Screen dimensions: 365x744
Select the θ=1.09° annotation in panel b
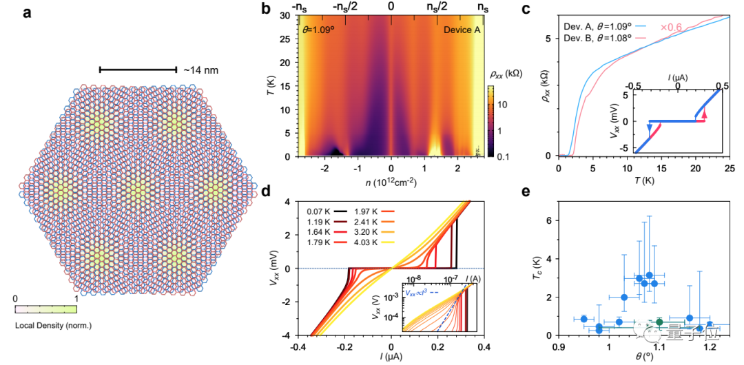pos(317,30)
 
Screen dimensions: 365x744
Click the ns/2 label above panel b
pos(436,7)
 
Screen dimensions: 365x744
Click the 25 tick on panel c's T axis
pos(729,169)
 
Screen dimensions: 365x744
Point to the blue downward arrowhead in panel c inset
pos(649,126)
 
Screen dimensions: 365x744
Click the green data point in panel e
pos(659,322)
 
